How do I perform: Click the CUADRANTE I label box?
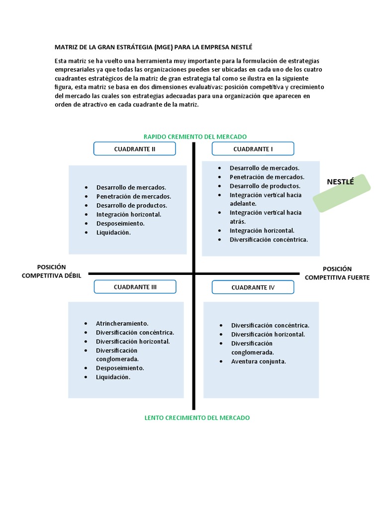coord(253,148)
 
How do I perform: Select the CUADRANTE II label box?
coord(135,148)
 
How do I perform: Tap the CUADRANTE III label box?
coord(135,286)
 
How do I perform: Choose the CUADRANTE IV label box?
coord(253,287)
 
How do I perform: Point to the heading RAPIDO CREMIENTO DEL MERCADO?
coord(195,136)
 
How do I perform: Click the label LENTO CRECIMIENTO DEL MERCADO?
coord(197,418)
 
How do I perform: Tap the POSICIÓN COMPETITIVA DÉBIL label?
coord(51,272)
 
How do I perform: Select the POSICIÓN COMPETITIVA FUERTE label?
coord(337,273)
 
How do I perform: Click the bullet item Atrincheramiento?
coord(122,323)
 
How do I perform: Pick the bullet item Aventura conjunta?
coord(258,361)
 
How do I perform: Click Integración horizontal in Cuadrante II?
coord(128,214)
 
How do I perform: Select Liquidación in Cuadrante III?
coord(113,377)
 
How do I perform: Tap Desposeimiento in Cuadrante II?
coord(120,223)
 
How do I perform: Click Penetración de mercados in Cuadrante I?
coord(267,177)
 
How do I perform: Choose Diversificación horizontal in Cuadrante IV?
coord(268,334)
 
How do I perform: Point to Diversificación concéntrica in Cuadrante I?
coord(269,240)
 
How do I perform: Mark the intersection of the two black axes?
coord(194,273)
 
